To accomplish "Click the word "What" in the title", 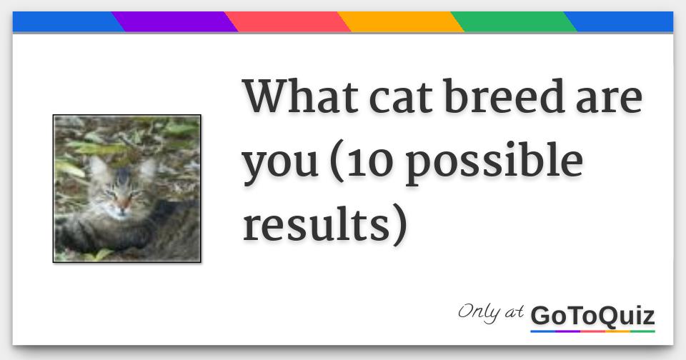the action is tap(301, 96).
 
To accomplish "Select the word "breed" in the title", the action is tap(504, 96).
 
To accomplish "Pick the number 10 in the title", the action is tap(371, 160).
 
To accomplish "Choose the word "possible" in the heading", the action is tap(493, 163).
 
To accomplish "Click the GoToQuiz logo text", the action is tap(592, 316).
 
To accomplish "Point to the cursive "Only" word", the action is tap(479, 313).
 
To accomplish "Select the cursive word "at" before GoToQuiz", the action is tap(514, 312).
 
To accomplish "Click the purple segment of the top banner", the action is tap(174, 22).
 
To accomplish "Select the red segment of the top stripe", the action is tap(287, 22).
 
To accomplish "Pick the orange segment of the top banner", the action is tap(400, 22).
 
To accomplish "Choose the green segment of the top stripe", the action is tap(514, 22).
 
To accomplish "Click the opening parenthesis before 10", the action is tap(337, 162).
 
